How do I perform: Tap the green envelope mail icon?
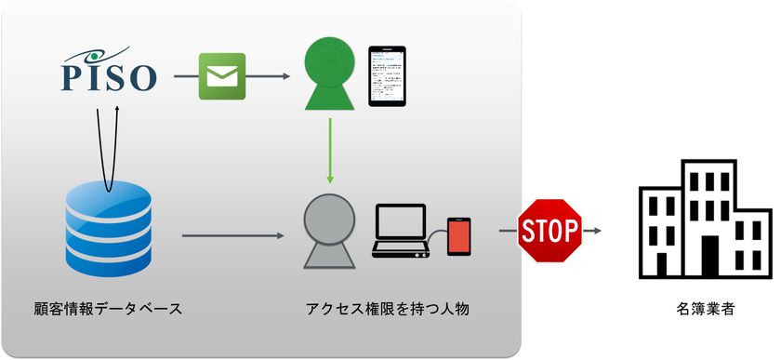222,76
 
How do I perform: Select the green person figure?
330,75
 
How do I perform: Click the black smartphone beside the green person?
388,74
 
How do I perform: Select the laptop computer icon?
399,231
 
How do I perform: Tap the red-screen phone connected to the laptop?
458,236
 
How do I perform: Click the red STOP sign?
549,229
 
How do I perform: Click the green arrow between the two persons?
329,148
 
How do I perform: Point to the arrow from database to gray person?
232,235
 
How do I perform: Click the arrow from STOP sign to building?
592,230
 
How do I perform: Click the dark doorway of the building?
710,258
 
